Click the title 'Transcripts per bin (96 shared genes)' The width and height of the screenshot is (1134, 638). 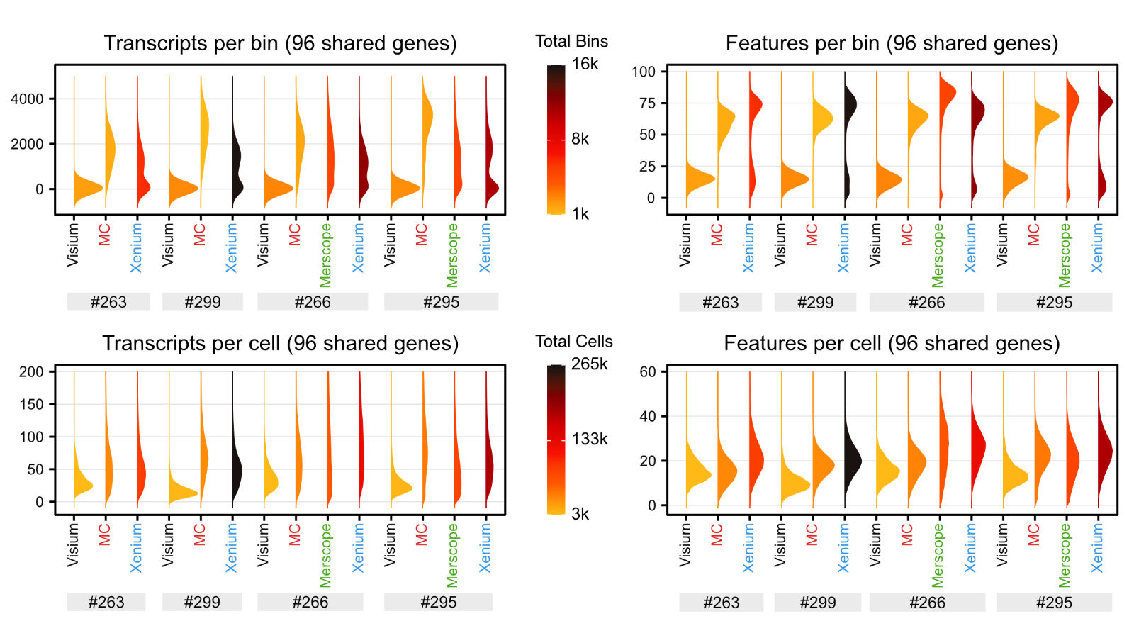point(280,43)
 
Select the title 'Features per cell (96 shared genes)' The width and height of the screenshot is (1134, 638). point(892,343)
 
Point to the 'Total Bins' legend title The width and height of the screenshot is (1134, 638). point(571,41)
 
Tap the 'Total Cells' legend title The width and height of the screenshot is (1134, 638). point(573,341)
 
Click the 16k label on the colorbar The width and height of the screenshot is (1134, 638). point(585,64)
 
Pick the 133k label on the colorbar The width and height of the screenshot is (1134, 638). point(590,439)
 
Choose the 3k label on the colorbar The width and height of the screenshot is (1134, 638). point(580,514)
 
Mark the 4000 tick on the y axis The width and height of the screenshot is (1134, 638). point(27,99)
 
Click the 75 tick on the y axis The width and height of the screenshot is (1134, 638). point(646,103)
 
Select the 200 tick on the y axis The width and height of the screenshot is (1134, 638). point(31,371)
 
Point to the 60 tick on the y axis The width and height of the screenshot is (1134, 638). point(648,371)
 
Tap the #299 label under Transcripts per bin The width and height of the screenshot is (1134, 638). point(203,302)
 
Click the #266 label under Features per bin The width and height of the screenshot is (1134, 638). point(926,303)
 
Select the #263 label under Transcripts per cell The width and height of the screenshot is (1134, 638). point(106,602)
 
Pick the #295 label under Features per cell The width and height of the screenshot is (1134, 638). point(1054,603)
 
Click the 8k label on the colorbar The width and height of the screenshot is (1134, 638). point(580,139)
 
